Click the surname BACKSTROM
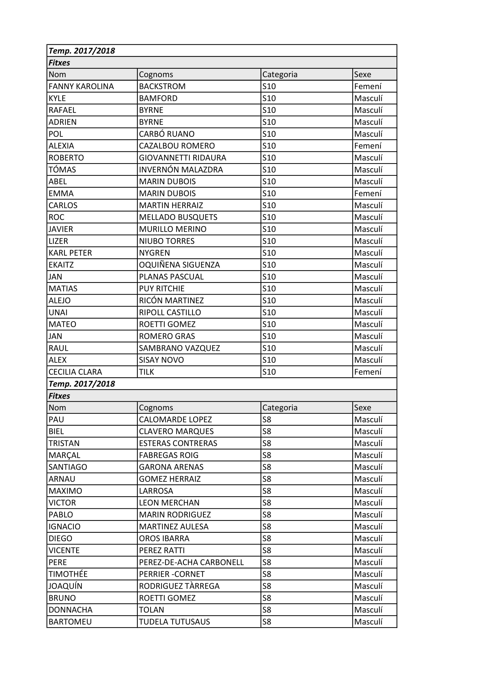point(162,86)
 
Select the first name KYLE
point(57,98)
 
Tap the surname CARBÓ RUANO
point(166,134)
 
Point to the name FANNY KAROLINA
point(81,86)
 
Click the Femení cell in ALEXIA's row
point(368,146)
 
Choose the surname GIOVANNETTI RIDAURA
point(182,158)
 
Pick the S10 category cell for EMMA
point(269,193)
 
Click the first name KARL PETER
point(70,253)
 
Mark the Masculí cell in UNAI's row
point(368,312)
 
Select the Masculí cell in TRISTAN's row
point(368,443)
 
